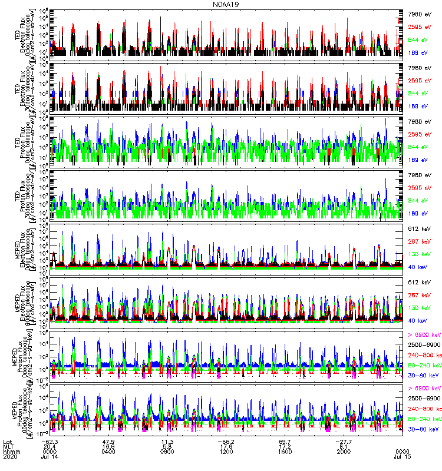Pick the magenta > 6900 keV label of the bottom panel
(424, 389)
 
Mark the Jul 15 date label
(400, 456)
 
